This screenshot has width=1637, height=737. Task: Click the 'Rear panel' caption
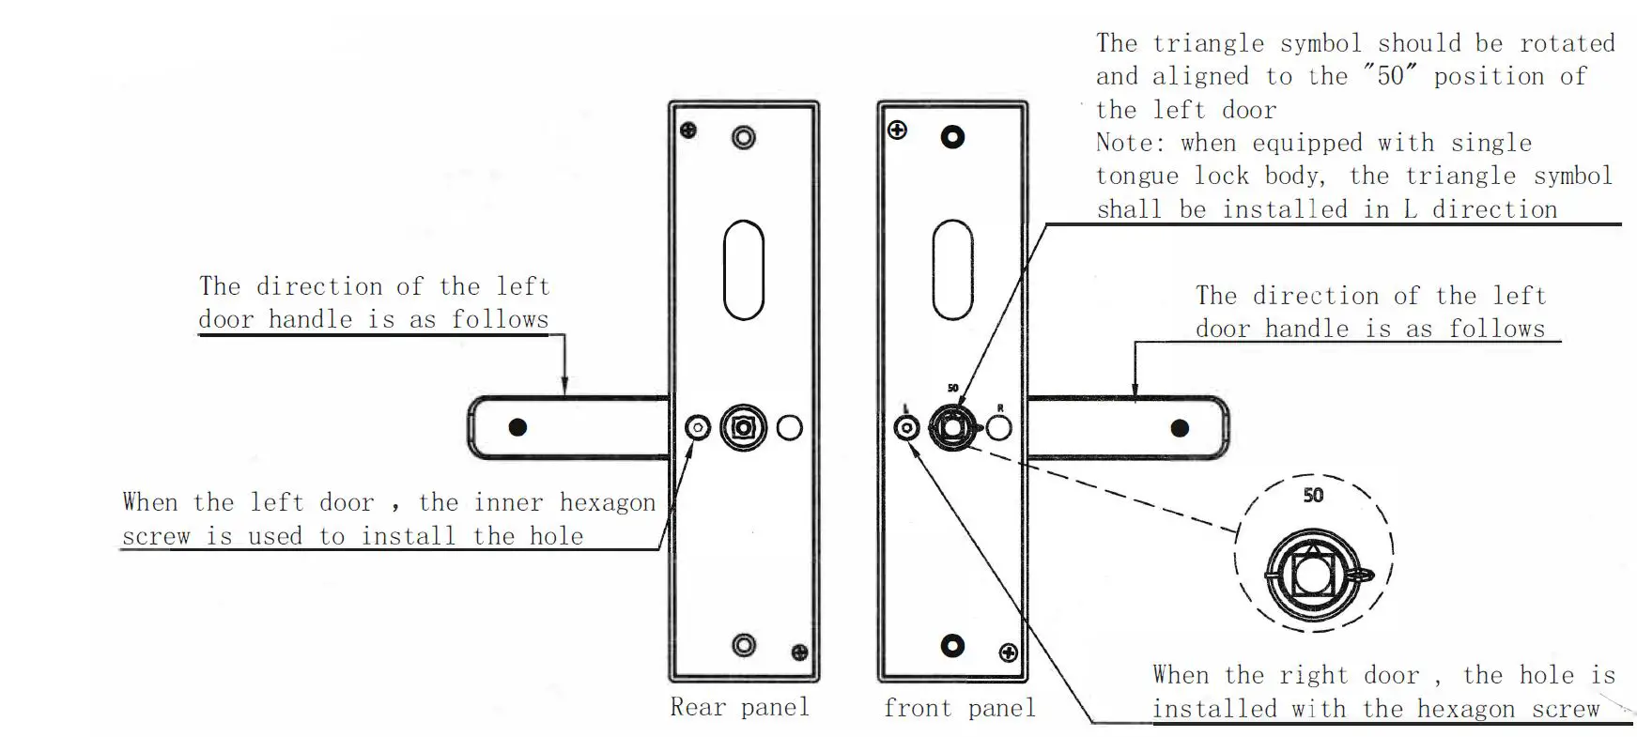(x=739, y=707)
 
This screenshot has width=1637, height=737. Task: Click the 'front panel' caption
(x=959, y=708)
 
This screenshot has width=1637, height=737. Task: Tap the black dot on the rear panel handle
(x=517, y=428)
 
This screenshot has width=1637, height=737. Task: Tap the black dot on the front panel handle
(x=1180, y=429)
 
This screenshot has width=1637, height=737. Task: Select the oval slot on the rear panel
(x=743, y=270)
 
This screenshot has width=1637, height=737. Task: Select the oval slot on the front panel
(x=952, y=270)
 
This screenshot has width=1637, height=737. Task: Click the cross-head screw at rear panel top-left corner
(x=688, y=131)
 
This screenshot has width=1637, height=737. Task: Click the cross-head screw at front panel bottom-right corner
(x=1009, y=653)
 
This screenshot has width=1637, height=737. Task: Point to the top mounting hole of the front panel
(x=952, y=137)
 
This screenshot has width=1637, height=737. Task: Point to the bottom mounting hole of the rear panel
(x=743, y=645)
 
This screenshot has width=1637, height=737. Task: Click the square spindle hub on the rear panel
(x=743, y=428)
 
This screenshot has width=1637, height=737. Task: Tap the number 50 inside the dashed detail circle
(x=1313, y=495)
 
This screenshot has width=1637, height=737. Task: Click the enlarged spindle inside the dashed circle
(x=1312, y=574)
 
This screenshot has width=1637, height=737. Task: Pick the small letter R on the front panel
(x=1000, y=408)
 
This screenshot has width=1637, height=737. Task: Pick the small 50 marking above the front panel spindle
(x=952, y=388)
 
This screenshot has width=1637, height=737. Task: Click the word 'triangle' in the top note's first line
(x=1209, y=43)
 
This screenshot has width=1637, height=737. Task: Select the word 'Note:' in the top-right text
(x=1129, y=143)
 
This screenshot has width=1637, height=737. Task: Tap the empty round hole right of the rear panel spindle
(x=790, y=428)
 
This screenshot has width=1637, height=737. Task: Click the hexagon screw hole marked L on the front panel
(x=906, y=428)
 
